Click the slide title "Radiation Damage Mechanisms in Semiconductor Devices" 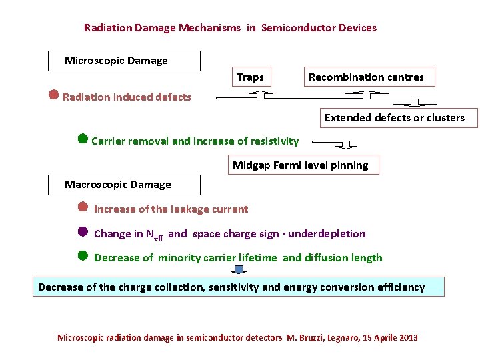click(230, 28)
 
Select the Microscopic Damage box click(124, 61)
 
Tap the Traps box click(250, 77)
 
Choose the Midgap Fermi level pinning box click(300, 165)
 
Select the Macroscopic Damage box click(124, 185)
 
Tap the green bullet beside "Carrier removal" click(83, 139)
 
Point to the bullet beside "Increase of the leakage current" click(83, 207)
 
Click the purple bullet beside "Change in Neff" click(83, 232)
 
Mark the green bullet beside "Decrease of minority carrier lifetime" click(83, 255)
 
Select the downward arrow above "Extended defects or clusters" click(413, 103)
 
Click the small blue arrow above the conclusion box click(240, 270)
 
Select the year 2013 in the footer click(407, 338)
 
